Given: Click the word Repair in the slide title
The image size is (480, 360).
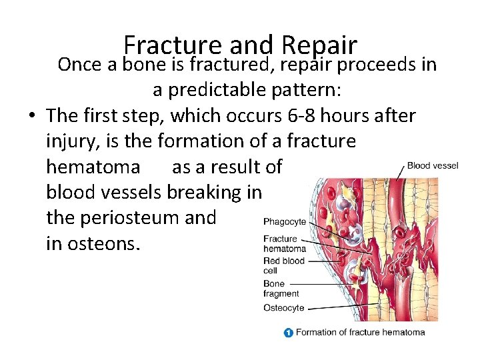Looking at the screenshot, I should click(320, 45).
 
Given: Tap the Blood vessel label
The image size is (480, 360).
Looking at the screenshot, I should click(433, 165).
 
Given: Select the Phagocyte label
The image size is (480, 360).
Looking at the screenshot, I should click(285, 221).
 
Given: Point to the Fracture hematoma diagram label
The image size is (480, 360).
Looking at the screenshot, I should click(285, 243).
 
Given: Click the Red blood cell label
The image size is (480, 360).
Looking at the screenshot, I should click(283, 265).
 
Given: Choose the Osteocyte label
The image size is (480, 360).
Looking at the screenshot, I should click(283, 308).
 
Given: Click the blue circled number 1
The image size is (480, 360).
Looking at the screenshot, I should click(288, 332).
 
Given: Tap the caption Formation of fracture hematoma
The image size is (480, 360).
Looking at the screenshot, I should click(360, 332).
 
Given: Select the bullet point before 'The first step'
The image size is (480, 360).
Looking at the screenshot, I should click(32, 116).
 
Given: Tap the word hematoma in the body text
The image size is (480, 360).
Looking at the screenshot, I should click(93, 167).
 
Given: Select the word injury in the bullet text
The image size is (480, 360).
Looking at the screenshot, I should click(72, 141).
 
